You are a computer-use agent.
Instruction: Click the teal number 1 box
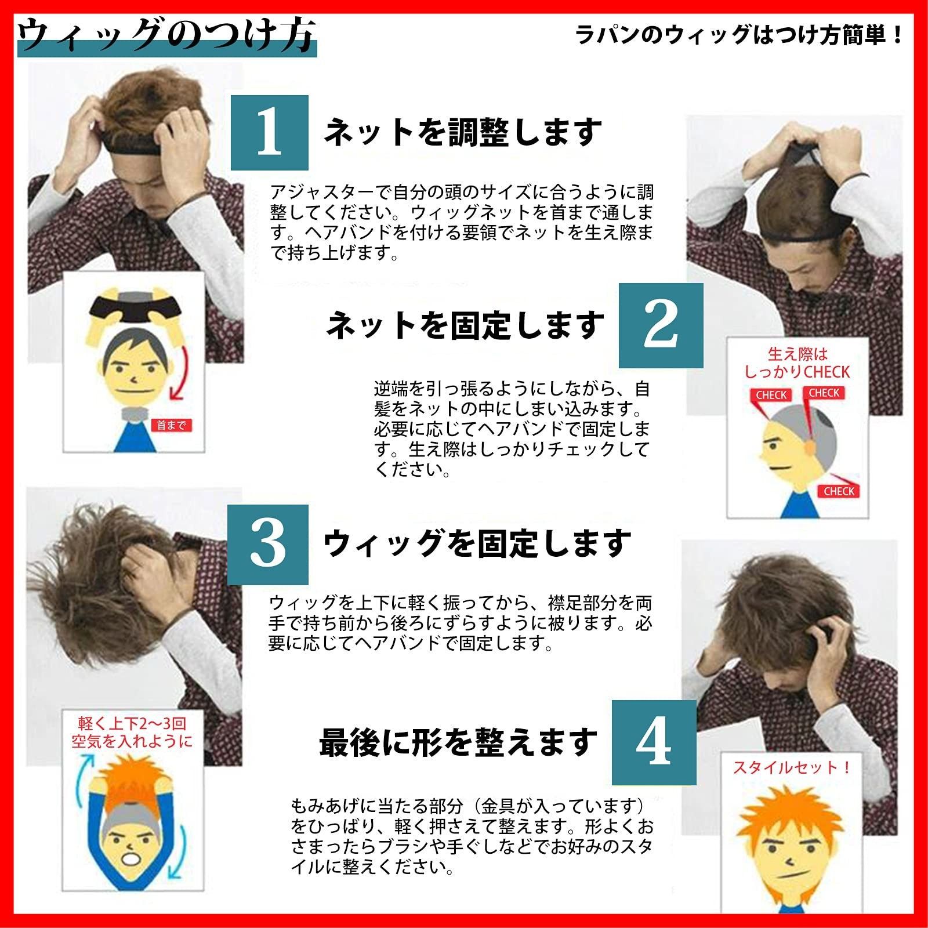269,133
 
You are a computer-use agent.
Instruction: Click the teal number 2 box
661,325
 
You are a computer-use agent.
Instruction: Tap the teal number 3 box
267,544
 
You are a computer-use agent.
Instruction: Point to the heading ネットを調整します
462,132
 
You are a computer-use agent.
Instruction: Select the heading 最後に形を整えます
458,742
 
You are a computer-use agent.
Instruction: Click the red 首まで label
171,425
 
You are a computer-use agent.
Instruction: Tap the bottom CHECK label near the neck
839,491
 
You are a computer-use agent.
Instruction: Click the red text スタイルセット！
792,767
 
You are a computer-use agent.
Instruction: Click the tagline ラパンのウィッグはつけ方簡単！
739,36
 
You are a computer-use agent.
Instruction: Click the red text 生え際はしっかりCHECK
797,362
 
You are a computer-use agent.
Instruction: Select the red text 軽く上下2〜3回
132,723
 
